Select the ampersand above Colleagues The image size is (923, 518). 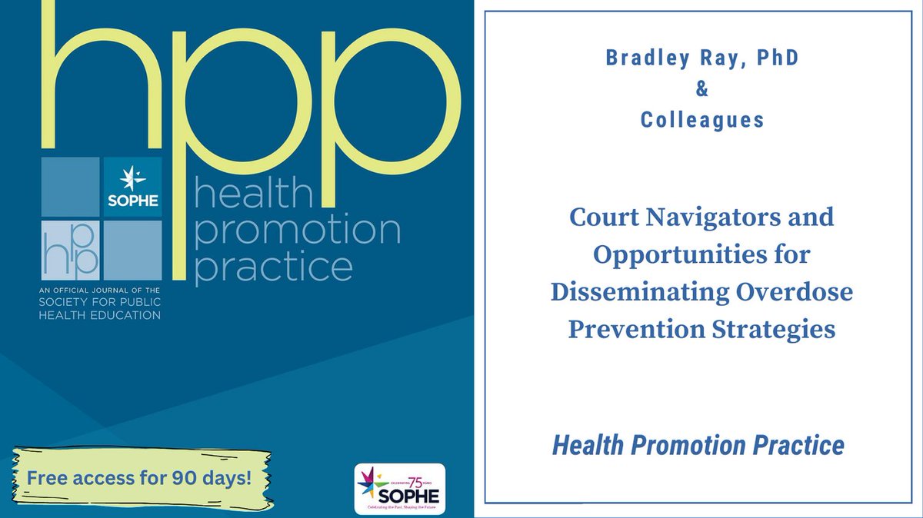(x=701, y=91)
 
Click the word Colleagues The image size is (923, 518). (x=701, y=121)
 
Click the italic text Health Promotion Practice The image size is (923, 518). (x=698, y=445)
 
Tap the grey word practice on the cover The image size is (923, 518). (x=274, y=268)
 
